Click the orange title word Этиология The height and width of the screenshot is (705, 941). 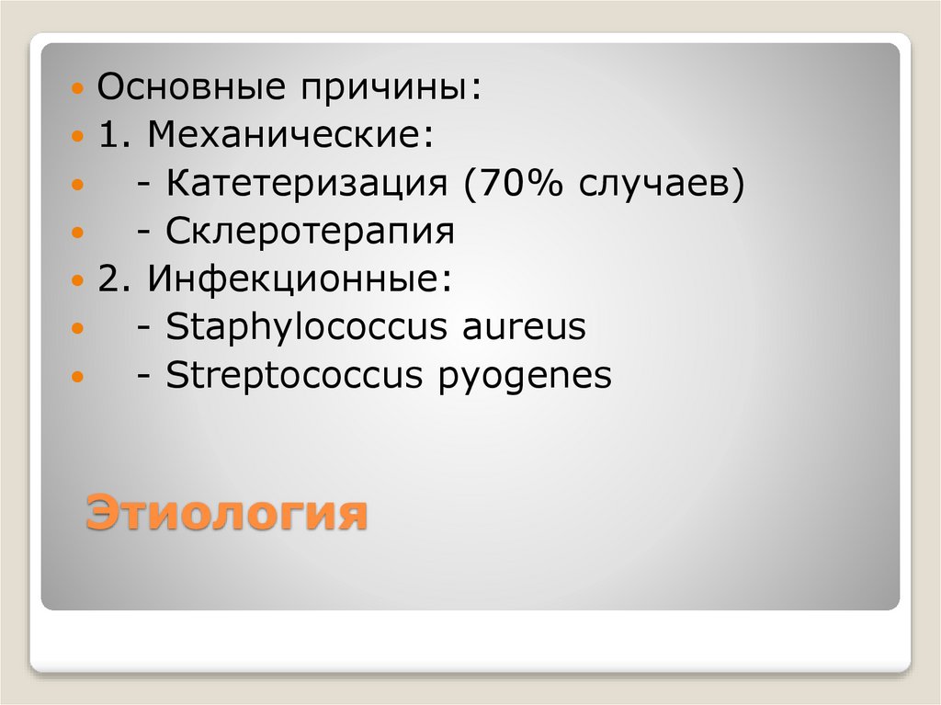click(x=226, y=512)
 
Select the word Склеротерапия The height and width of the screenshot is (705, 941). click(x=311, y=233)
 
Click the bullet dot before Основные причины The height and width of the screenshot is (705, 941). click(x=79, y=91)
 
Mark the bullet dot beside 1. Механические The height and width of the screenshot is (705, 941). click(x=79, y=138)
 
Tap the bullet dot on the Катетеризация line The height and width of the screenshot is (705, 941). click(x=79, y=186)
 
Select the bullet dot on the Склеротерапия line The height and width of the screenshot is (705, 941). click(x=79, y=233)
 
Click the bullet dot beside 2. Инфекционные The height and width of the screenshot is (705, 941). click(x=79, y=280)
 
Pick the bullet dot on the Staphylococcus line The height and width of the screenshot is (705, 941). click(x=79, y=328)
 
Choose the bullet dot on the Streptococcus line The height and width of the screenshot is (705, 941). click(x=79, y=376)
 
